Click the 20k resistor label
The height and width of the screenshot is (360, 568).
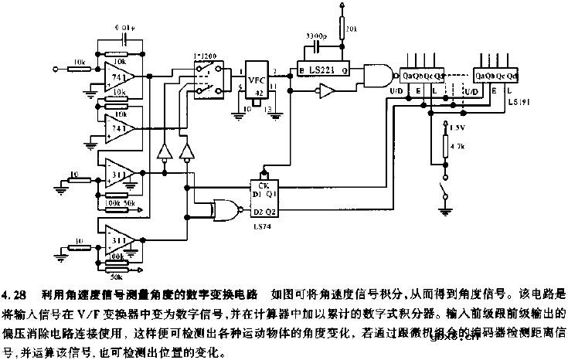(352, 30)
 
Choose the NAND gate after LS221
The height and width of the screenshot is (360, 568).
(376, 76)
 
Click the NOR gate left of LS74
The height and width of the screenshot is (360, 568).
(223, 206)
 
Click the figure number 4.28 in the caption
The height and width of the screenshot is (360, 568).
(14, 295)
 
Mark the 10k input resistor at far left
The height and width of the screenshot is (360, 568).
(80, 68)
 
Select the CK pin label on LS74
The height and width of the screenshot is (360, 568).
(264, 185)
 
